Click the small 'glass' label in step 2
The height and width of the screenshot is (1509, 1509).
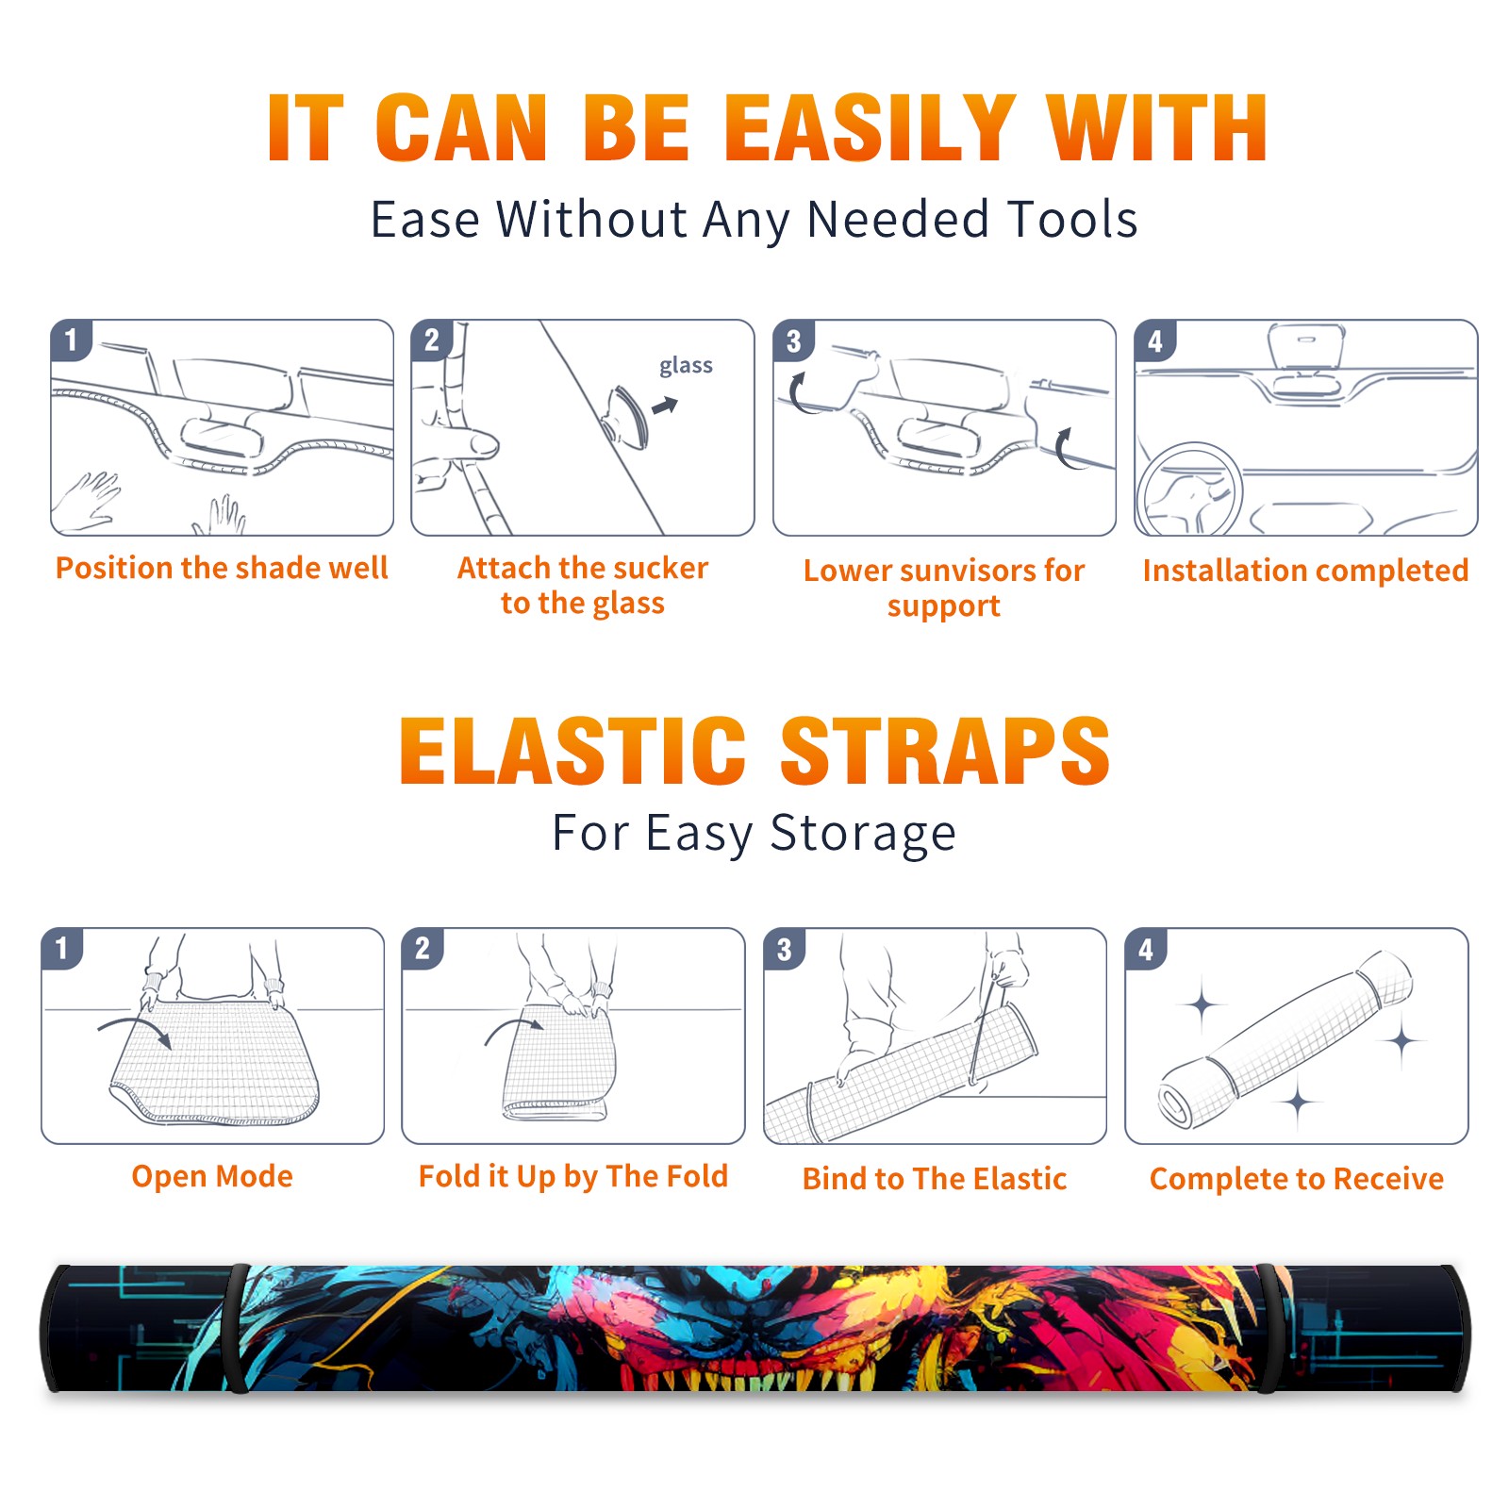(x=686, y=366)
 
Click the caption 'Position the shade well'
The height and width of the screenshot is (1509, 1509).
(x=222, y=568)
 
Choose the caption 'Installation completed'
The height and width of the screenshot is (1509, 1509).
(x=1305, y=570)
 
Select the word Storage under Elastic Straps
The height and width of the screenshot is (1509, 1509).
(x=863, y=834)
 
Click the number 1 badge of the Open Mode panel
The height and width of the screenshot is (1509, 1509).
(x=62, y=948)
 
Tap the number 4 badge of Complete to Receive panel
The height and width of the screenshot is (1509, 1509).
(x=1146, y=949)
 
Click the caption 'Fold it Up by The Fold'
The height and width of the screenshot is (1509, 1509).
(x=573, y=1176)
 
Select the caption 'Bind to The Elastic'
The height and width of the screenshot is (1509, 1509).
(x=935, y=1178)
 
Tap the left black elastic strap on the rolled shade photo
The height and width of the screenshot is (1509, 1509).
(x=236, y=1329)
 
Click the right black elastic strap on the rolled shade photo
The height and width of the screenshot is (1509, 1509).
(x=1271, y=1329)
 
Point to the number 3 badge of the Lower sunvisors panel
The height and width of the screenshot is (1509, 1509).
(x=793, y=341)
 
